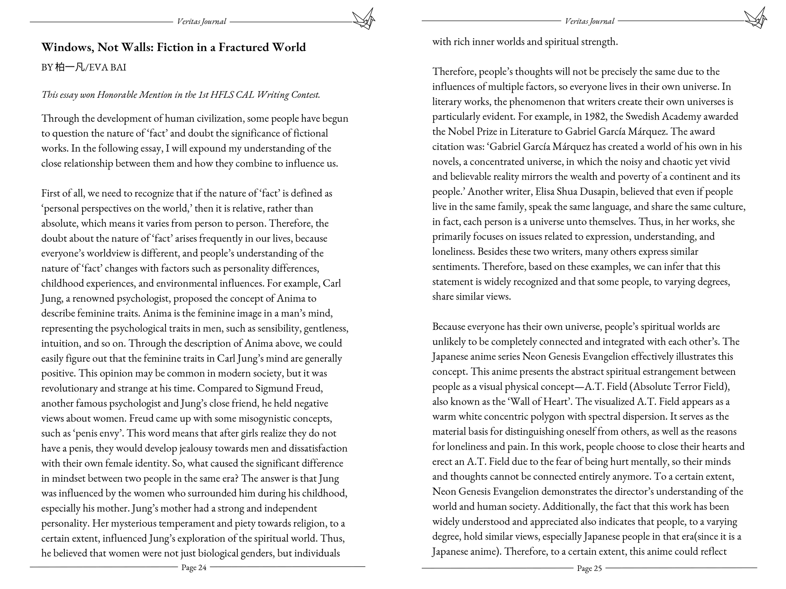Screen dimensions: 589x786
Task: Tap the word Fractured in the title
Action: [x=243, y=47]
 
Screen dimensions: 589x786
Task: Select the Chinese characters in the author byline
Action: [x=70, y=67]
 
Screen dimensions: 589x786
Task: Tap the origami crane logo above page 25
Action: [x=755, y=18]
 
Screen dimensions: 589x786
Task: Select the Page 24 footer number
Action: [x=194, y=567]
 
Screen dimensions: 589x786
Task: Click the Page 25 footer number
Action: [x=589, y=568]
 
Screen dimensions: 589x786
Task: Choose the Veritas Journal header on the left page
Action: [x=202, y=22]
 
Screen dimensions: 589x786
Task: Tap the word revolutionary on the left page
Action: [x=70, y=388]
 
